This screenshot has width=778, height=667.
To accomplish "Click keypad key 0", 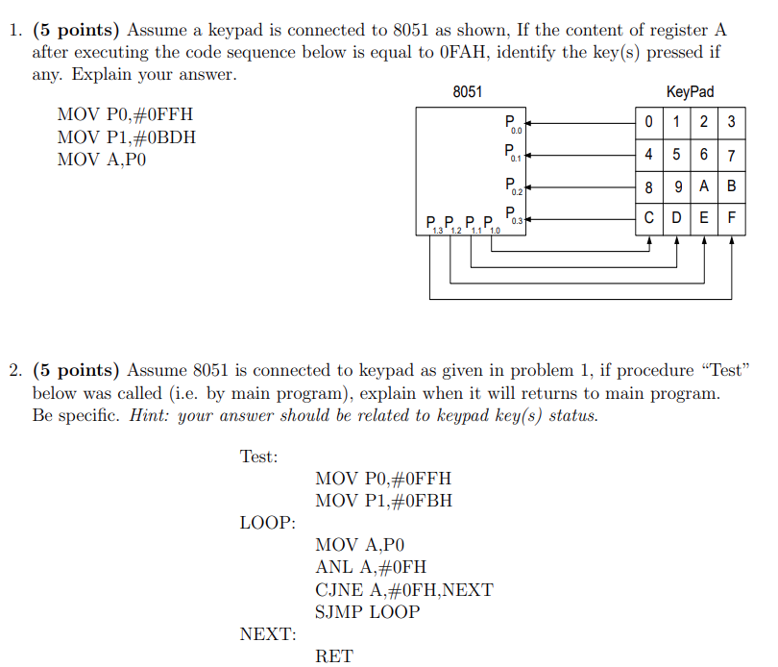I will coord(650,122).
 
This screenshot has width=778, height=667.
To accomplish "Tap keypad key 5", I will coord(677,154).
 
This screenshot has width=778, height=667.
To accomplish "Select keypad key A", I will coord(705,185).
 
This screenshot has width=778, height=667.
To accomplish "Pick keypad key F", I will coord(732,217).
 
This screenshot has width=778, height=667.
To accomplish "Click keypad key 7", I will coord(732,154).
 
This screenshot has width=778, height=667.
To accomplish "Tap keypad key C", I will coord(650,217).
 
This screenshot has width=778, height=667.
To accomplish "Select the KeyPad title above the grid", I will coord(690,92).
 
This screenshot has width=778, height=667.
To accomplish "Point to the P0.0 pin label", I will coord(513,124).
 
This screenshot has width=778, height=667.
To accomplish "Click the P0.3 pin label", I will coord(513,217).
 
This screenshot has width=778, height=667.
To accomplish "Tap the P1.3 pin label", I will coord(434,227).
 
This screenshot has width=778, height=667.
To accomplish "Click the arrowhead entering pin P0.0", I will coord(526,123).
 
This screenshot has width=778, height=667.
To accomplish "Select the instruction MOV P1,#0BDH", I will coord(127,136).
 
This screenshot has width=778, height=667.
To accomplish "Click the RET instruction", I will coord(334,656).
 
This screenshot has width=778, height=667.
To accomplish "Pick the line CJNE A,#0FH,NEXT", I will coord(403,589).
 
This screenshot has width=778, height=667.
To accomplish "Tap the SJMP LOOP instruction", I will coord(367,611).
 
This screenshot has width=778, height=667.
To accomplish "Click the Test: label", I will coord(258,457).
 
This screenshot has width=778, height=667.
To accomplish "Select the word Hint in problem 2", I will coord(149,415).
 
